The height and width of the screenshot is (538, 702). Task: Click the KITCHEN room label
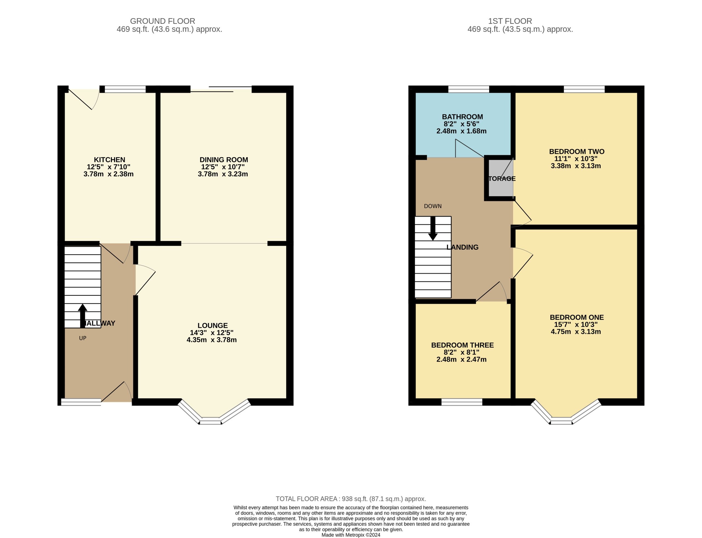pos(109,160)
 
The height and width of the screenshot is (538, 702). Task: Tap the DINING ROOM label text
pos(224,160)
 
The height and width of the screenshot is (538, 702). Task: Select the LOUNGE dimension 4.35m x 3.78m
pos(211,340)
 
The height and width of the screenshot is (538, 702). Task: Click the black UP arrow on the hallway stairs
pos(82,315)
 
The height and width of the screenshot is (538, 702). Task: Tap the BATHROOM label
pos(462,117)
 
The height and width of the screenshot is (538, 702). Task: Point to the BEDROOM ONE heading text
pos(576,317)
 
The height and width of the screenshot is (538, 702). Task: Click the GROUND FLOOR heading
pos(162,21)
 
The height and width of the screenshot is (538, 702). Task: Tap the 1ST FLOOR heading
pos(510,21)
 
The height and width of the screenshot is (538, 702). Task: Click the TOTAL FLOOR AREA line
pos(350,499)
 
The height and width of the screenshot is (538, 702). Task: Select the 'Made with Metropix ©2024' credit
pos(350,535)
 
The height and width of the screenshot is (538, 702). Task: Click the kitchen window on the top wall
pos(125,89)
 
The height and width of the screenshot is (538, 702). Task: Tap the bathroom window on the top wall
pos(468,89)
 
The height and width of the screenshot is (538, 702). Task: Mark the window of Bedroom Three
pos(462,402)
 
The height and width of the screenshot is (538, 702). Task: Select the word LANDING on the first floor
pos(462,247)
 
